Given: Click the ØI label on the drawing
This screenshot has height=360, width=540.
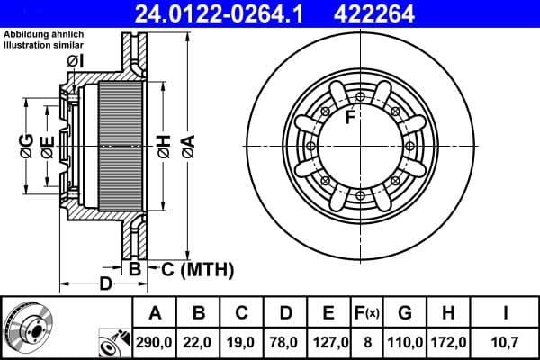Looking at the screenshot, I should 75,61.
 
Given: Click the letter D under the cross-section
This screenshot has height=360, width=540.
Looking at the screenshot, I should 105,284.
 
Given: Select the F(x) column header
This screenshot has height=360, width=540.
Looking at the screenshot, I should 367,313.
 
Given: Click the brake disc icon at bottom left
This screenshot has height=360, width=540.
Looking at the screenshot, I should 28,327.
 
